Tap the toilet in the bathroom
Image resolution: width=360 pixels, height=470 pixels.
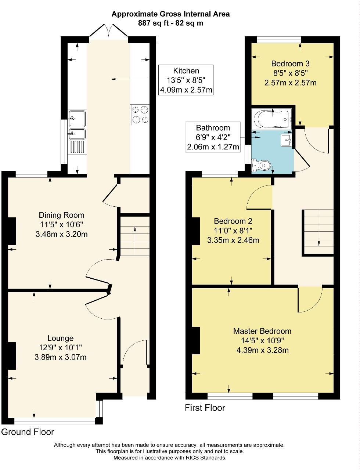click(x=262, y=166)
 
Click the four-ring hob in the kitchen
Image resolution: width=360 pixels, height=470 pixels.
click(x=140, y=114)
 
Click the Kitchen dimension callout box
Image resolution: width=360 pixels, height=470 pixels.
click(x=186, y=80)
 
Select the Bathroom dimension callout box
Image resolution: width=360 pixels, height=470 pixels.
click(x=213, y=138)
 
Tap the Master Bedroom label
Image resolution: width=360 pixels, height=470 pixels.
click(x=262, y=331)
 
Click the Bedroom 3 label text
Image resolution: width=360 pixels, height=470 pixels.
click(x=290, y=63)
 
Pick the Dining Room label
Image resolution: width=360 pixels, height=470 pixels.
click(x=61, y=215)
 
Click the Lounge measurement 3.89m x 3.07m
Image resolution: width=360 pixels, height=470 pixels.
click(x=61, y=357)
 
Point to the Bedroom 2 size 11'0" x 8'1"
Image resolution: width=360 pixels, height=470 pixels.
click(x=233, y=231)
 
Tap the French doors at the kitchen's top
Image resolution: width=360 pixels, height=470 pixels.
click(x=108, y=32)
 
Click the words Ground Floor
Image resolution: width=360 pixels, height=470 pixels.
click(x=28, y=432)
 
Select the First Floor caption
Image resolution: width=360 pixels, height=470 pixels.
click(x=205, y=408)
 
